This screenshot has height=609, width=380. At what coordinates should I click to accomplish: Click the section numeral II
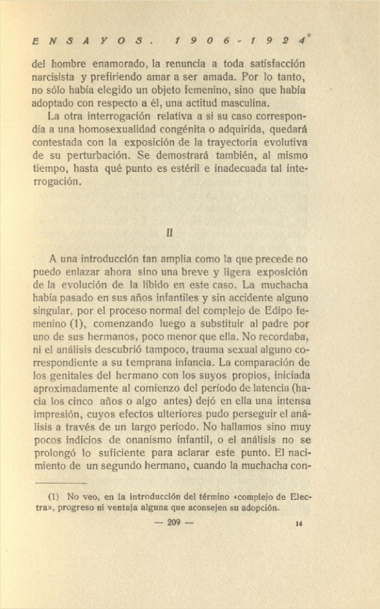170,232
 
